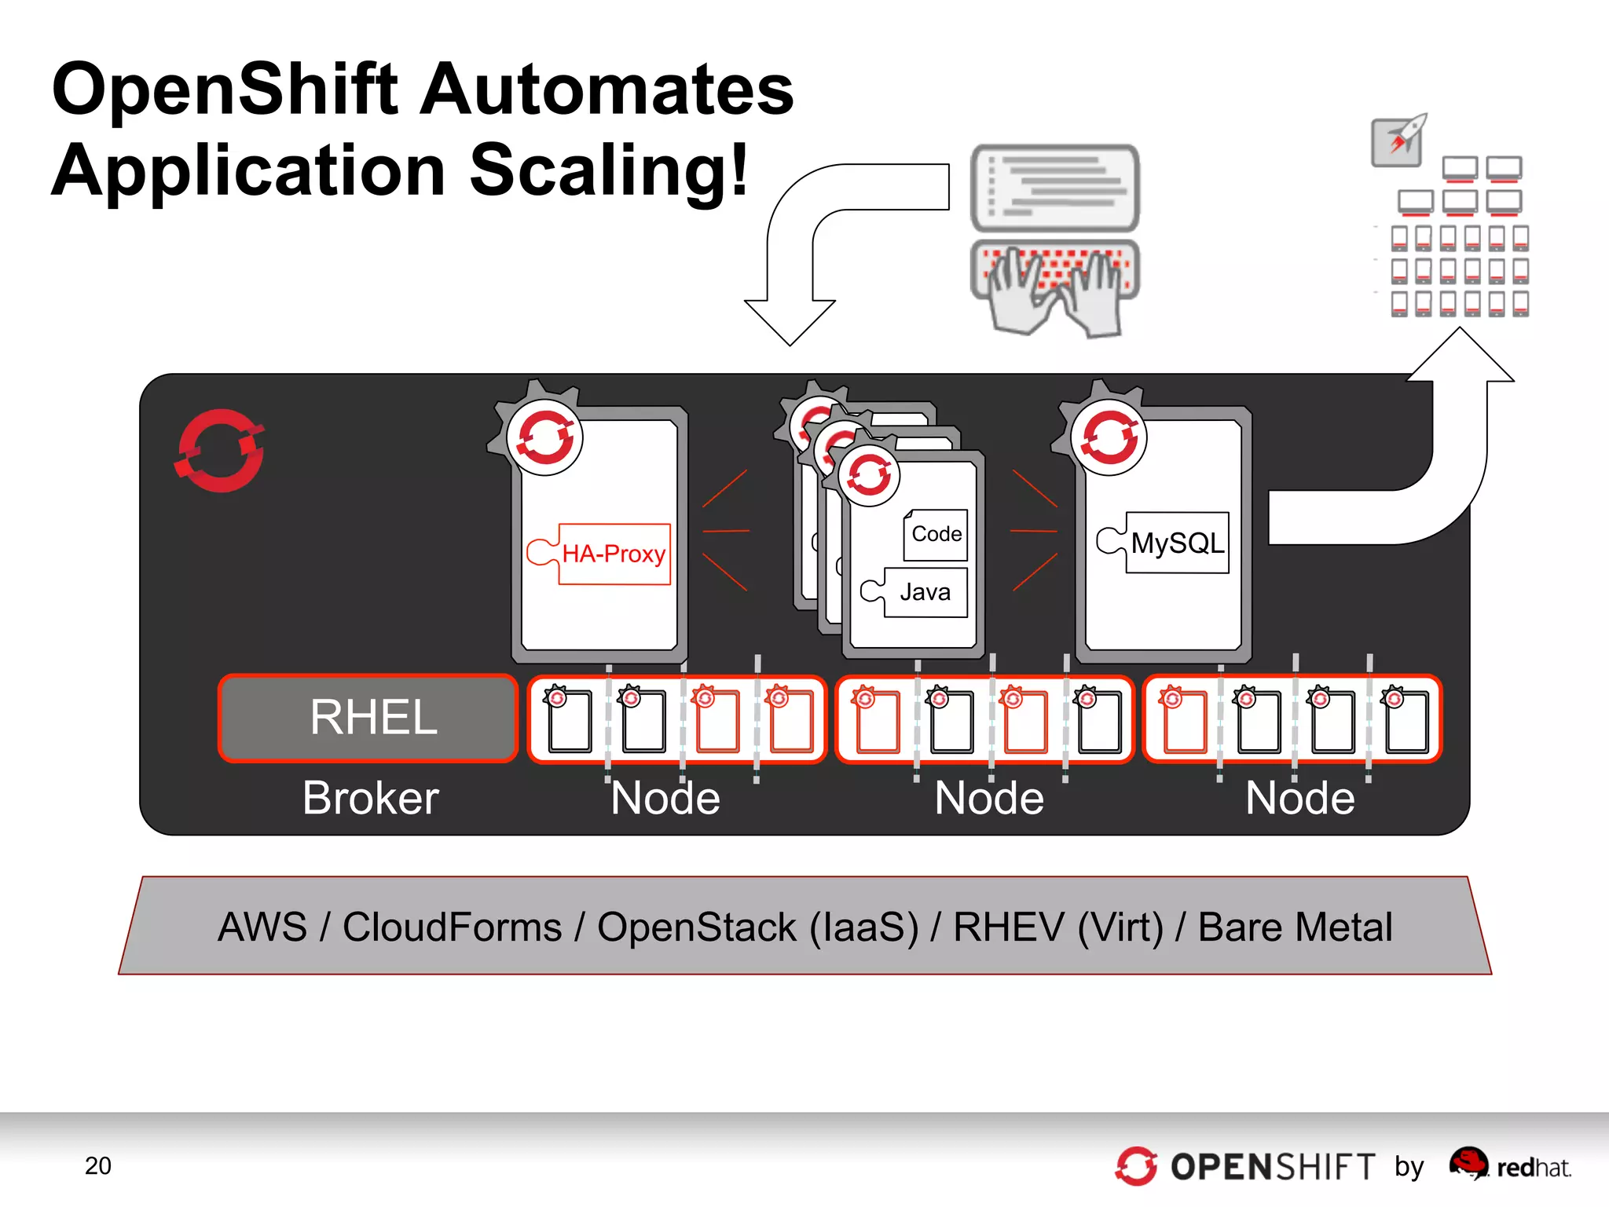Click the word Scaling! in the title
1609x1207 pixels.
tap(609, 170)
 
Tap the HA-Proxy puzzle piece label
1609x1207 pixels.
tap(614, 554)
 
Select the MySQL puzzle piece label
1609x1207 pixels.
tap(1177, 543)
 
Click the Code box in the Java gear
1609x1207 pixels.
tap(936, 535)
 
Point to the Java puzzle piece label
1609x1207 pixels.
tap(925, 592)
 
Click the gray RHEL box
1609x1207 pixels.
tap(368, 719)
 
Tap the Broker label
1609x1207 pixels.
tap(370, 799)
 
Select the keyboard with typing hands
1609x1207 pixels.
tap(1055, 287)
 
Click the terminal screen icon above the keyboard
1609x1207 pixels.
tap(1055, 187)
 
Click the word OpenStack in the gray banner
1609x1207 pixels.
tap(697, 927)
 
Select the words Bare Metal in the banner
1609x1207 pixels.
tap(1295, 927)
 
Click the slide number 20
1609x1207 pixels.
tap(98, 1166)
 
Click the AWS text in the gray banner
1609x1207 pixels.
tap(262, 927)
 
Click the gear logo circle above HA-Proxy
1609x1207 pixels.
tap(544, 437)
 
